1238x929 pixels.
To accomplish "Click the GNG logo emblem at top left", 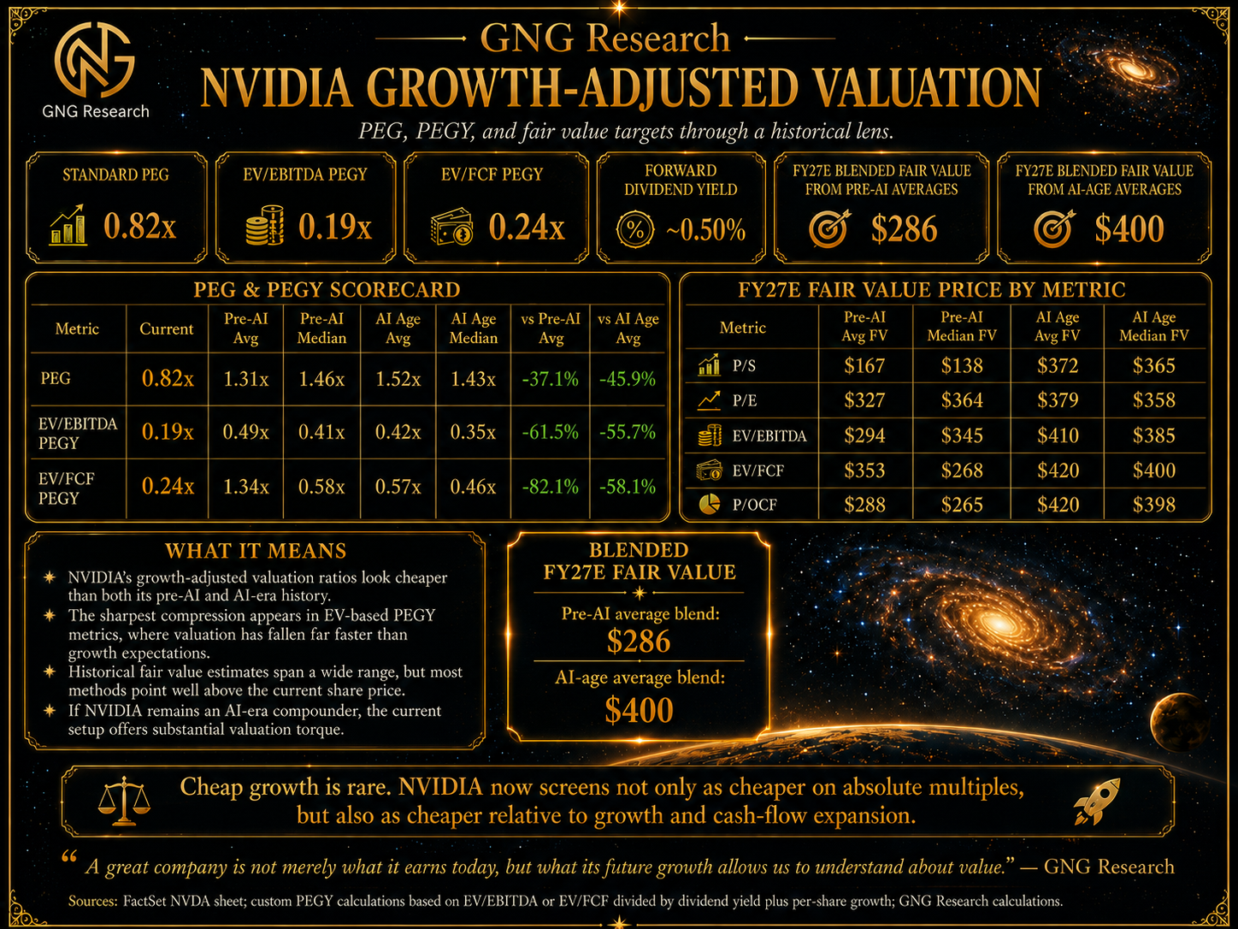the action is [x=95, y=60].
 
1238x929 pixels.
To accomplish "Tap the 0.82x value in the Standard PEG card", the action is [x=140, y=226].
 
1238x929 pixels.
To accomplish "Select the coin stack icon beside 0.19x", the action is [x=264, y=225].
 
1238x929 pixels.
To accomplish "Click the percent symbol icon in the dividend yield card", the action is [x=635, y=230].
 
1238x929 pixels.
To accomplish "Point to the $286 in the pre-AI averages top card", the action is [x=904, y=228].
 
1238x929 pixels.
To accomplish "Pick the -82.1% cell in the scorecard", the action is [x=551, y=486].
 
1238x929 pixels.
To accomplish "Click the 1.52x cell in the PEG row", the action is [x=398, y=378].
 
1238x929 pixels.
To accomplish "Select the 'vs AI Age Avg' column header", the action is [x=628, y=328].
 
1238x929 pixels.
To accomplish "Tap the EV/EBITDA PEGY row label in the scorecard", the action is [x=78, y=433].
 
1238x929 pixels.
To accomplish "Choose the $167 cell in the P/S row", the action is [x=864, y=366].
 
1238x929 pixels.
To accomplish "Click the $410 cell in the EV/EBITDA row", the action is [x=1058, y=435].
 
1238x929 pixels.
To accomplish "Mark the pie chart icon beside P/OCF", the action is [x=709, y=504].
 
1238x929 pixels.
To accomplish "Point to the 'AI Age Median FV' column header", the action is [x=1153, y=327].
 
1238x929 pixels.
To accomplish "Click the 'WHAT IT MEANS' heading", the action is [x=256, y=551].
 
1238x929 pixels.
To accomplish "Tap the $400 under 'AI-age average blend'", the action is [x=639, y=710].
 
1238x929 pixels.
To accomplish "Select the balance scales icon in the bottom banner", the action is [x=124, y=801].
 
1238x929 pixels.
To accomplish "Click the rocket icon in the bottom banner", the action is [x=1096, y=801].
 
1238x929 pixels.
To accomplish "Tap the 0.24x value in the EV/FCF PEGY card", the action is [x=527, y=228].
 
